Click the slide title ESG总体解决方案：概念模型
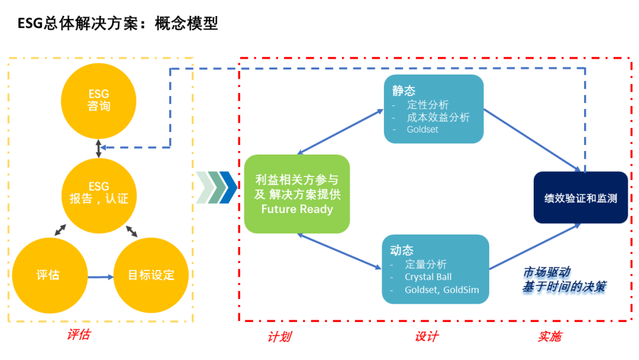coord(118,23)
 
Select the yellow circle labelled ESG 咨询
coord(99,101)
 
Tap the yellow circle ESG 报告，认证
coord(99,196)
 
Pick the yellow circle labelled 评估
coord(50,275)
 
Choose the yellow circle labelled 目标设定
coord(151,275)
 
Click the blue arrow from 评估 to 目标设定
coord(101,277)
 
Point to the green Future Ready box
coord(296,194)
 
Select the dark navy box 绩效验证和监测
coord(581,198)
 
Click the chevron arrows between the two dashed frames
coord(216,188)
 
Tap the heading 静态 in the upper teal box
coord(404,91)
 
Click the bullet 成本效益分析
coord(438,117)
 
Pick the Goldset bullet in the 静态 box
coord(422,130)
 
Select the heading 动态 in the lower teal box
coord(402,250)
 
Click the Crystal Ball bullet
coord(428,277)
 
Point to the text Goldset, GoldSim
coord(442,290)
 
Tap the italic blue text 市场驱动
coord(547,272)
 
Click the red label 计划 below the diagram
coord(279,337)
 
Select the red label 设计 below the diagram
coord(426,337)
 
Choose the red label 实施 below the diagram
coord(550,337)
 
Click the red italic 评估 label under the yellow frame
coord(79,335)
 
